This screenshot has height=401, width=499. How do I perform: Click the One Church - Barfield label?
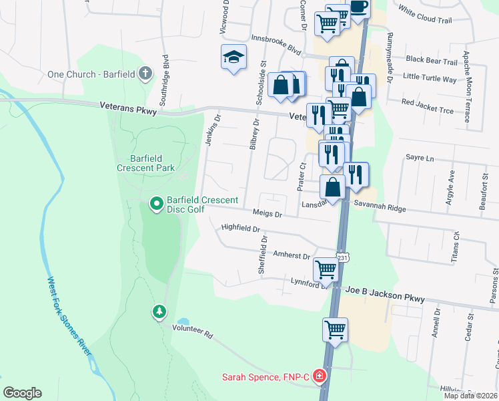click(x=91, y=74)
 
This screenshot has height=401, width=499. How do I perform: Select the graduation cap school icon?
click(x=234, y=57)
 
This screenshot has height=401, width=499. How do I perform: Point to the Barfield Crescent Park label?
click(x=147, y=163)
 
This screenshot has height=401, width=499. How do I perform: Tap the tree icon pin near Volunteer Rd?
click(x=159, y=311)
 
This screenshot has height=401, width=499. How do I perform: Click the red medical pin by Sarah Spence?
click(x=320, y=376)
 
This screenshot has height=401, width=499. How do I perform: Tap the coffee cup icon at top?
click(x=358, y=7)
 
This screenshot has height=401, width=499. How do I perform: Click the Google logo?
click(x=22, y=393)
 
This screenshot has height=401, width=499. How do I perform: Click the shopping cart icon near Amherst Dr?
click(x=326, y=270)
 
